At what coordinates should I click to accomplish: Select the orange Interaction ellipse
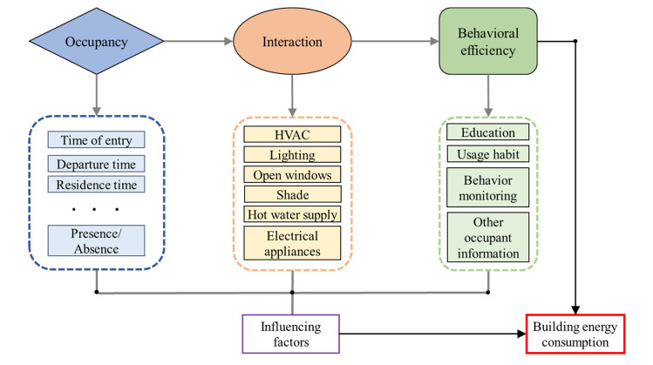(x=292, y=40)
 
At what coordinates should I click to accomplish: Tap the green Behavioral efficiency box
(x=488, y=41)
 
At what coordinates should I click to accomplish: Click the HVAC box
(x=292, y=135)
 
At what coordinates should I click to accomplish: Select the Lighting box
(x=292, y=154)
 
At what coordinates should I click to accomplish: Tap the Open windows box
(x=292, y=174)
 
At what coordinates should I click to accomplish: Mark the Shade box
(x=292, y=194)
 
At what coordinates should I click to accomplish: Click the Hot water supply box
(x=292, y=214)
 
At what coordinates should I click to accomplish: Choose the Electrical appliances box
(x=292, y=243)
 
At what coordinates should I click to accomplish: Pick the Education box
(x=487, y=133)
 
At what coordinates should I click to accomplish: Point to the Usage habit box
(x=487, y=154)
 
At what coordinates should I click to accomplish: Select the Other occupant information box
(x=487, y=238)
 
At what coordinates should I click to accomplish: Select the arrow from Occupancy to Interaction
(x=197, y=40)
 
